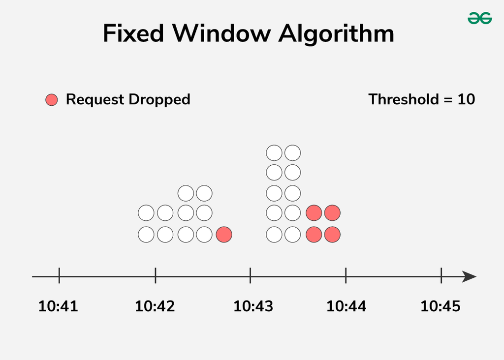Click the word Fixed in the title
[x=133, y=33]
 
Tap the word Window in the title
[x=221, y=33]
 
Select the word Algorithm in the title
[x=336, y=34]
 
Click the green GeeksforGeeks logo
[x=479, y=18]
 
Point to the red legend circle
[x=51, y=100]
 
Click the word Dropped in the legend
[x=159, y=99]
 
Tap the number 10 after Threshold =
[x=466, y=99]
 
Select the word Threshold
[x=404, y=99]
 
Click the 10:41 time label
[x=58, y=306]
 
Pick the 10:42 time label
[x=155, y=306]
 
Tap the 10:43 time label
[x=253, y=306]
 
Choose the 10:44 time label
[x=346, y=306]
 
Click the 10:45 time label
[x=441, y=306]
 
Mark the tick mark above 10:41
[x=59, y=275]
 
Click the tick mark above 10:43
[x=251, y=275]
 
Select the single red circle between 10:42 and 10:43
[x=224, y=235]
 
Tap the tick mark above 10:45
[x=441, y=275]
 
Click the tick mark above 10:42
[x=156, y=275]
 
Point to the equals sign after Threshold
[x=448, y=100]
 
